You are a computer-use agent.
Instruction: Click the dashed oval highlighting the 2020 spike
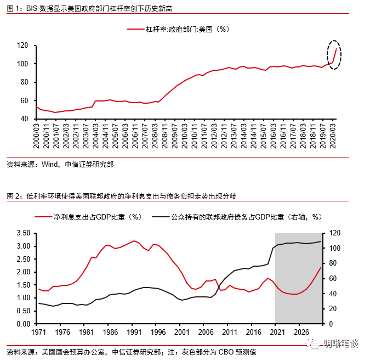(332, 54)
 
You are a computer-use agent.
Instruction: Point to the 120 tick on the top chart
(22, 46)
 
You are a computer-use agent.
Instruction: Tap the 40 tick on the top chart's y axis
(25, 119)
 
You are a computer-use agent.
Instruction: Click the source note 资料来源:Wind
(60, 165)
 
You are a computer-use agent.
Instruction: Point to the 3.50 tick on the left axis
(22, 233)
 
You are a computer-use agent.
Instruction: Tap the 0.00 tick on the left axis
(22, 324)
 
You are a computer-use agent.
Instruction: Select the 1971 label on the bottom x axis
(38, 332)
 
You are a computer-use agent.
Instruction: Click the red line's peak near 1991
(133, 241)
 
